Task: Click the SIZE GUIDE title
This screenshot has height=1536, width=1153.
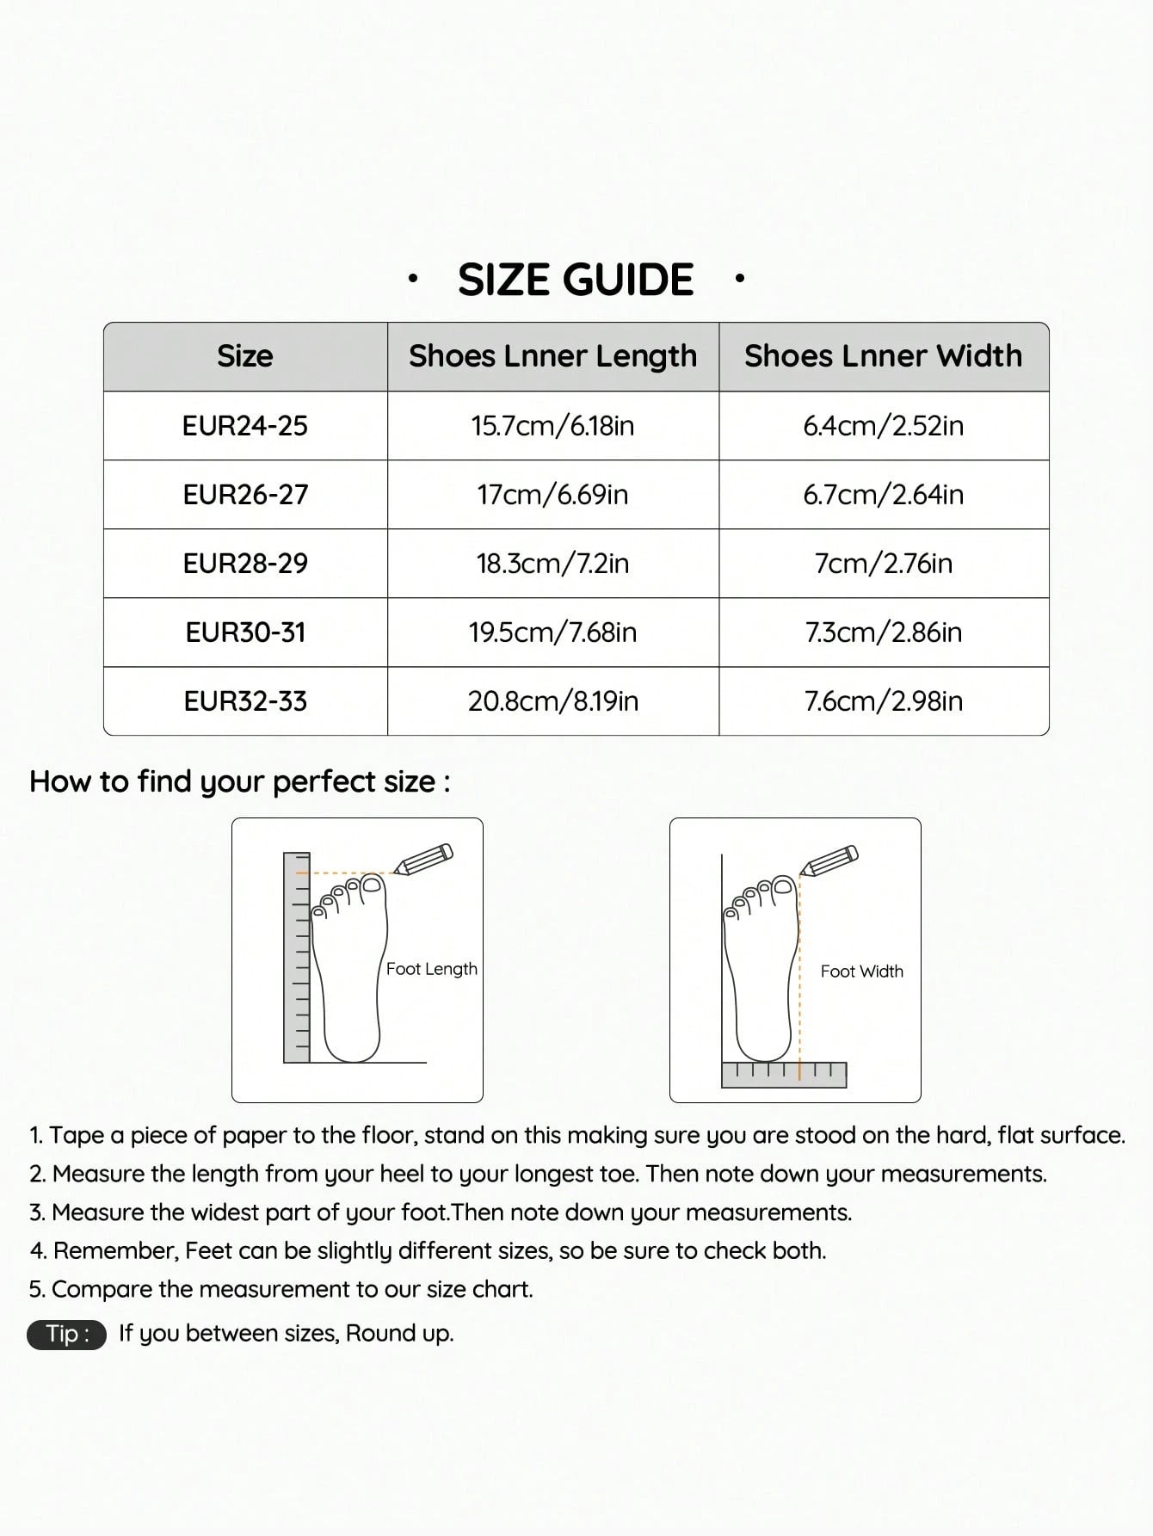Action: [x=575, y=280]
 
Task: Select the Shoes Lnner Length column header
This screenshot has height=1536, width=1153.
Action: [x=552, y=356]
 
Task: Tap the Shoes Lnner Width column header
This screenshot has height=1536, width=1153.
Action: [x=883, y=356]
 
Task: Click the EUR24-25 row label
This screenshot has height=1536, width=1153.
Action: [x=245, y=426]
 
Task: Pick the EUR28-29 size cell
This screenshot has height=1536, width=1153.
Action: [x=245, y=564]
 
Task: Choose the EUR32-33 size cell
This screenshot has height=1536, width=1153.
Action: [x=245, y=701]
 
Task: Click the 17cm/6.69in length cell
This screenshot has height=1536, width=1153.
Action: [x=552, y=495]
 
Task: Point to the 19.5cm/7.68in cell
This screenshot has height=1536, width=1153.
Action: [x=552, y=632]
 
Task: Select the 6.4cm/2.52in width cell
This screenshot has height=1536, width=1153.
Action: [x=883, y=426]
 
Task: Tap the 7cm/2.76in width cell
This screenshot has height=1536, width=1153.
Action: [x=883, y=564]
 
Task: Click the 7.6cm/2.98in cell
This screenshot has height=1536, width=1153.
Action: [x=883, y=701]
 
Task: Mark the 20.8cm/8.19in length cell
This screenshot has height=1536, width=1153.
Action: [x=552, y=701]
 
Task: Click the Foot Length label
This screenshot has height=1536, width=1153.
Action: [x=431, y=969]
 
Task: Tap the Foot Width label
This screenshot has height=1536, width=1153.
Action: [x=861, y=972]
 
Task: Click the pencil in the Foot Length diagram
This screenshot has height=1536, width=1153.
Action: [x=423, y=860]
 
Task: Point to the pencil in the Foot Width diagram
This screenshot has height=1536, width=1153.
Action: [x=829, y=861]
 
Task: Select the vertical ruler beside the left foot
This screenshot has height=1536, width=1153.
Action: [x=297, y=957]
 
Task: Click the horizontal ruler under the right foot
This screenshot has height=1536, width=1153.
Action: [x=784, y=1075]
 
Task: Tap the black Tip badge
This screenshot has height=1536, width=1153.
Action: [x=66, y=1334]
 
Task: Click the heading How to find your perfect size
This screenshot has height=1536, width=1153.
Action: [x=239, y=781]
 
